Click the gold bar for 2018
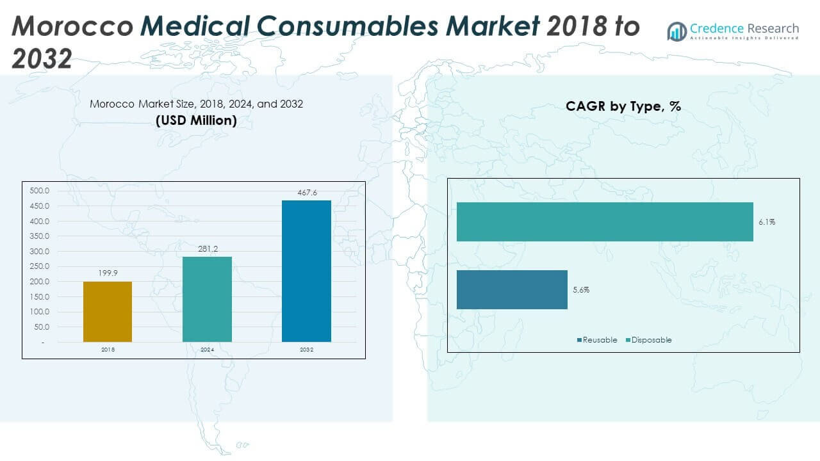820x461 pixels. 108,312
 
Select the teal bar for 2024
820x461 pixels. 207,299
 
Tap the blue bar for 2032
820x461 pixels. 306,271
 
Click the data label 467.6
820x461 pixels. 306,193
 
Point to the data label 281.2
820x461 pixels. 207,249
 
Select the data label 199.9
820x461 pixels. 108,273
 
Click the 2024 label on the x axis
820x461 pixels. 207,350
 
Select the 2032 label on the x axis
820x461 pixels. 306,350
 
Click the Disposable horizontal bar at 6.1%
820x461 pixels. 605,222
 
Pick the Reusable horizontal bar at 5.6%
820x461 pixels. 512,289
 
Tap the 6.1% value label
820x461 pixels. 767,222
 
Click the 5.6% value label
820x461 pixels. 581,290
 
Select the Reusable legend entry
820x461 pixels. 597,340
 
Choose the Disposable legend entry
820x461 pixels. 648,340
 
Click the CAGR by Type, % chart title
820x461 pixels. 623,107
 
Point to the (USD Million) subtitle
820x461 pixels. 196,120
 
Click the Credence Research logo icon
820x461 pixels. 677,31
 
